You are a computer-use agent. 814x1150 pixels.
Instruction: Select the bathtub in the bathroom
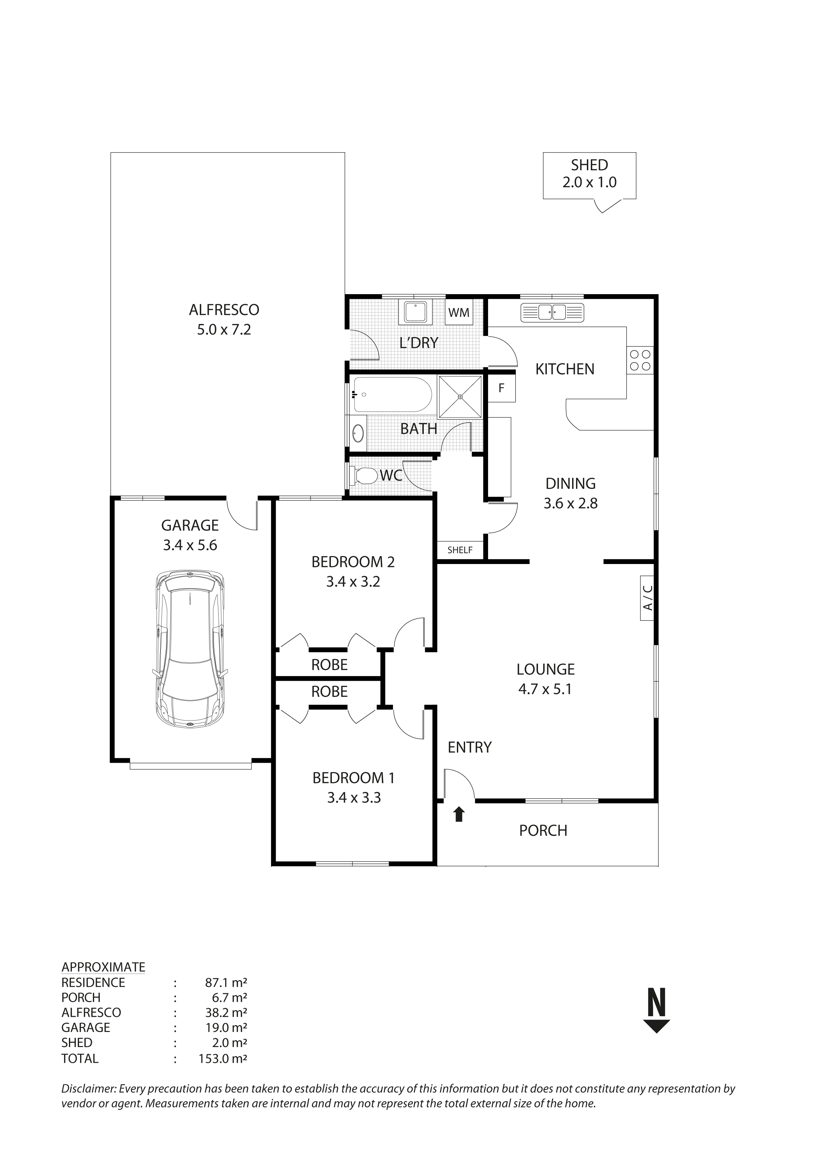point(392,395)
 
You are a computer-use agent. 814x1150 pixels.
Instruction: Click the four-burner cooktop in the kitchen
point(640,360)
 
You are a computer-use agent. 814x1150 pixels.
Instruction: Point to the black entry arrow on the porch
point(459,815)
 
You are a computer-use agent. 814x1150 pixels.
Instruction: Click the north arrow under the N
point(656,1026)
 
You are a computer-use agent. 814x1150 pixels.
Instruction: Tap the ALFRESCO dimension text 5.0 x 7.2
point(224,330)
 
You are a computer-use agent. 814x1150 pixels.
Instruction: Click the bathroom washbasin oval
point(358,433)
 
